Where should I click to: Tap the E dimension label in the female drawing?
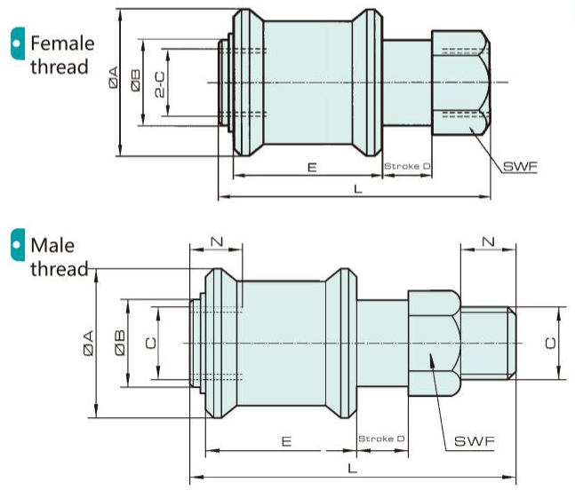(311, 166)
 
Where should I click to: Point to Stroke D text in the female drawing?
(407, 166)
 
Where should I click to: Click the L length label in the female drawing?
(357, 189)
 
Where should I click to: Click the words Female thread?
(60, 54)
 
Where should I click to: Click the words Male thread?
(56, 257)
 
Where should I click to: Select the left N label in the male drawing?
(216, 241)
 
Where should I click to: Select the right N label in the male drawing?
(487, 241)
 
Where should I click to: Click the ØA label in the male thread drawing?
(87, 343)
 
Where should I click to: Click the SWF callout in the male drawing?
(475, 440)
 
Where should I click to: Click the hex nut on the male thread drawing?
(434, 343)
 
